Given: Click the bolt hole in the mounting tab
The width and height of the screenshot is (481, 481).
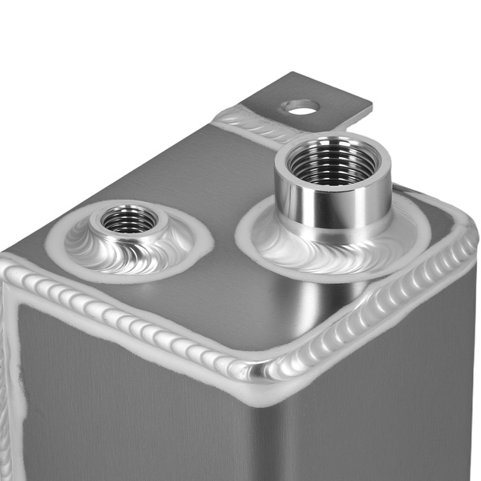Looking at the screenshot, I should coord(301,105).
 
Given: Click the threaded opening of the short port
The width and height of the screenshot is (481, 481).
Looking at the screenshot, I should coord(129,217).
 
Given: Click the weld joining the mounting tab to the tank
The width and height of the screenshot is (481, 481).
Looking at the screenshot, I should coord(240,120).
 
